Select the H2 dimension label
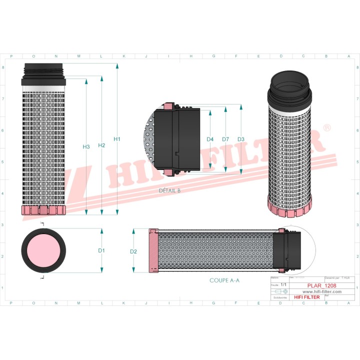101,145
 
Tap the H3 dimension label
86,146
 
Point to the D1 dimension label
101,250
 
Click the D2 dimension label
133,251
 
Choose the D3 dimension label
240,139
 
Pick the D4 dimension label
210,139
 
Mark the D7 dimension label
225,139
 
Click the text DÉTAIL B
169,190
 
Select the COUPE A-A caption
224,280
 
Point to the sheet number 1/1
283,284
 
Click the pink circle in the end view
43,250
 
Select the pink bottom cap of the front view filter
43,210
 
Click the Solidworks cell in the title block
277,297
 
